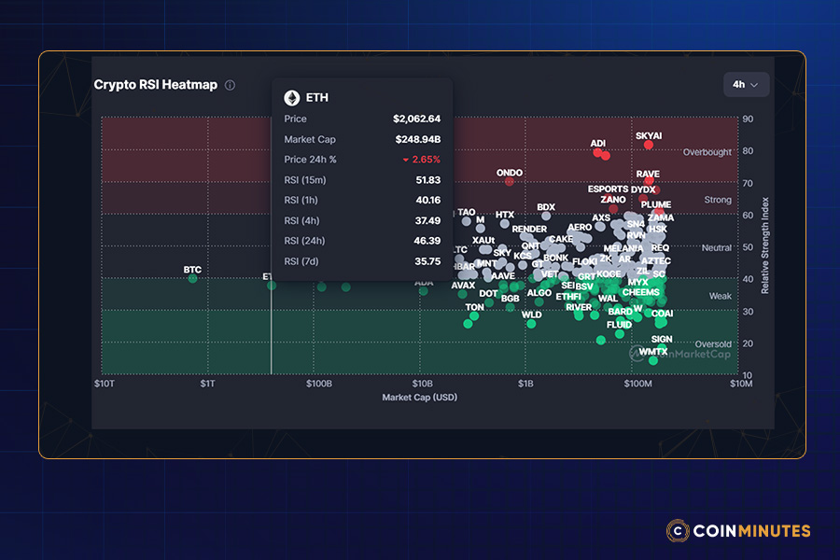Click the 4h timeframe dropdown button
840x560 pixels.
(x=746, y=84)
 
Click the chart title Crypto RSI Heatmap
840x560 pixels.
(x=155, y=85)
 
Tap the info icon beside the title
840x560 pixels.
(x=230, y=85)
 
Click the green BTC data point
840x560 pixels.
(x=192, y=278)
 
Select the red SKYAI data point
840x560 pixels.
(x=649, y=145)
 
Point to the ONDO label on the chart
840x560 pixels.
(x=510, y=173)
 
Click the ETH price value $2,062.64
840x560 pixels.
(x=416, y=119)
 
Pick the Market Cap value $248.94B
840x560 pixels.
(x=417, y=140)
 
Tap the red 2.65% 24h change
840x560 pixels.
(x=421, y=160)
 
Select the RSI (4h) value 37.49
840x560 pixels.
(x=427, y=220)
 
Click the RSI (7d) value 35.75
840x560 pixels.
(x=427, y=261)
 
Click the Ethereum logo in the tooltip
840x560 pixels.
(x=292, y=97)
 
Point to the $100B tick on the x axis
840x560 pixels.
(x=319, y=384)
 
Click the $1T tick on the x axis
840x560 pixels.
(x=207, y=384)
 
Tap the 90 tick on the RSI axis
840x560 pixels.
(x=748, y=119)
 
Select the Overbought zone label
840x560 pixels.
(x=707, y=152)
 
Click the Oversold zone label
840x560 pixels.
(x=713, y=344)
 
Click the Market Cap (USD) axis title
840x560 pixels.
(x=419, y=398)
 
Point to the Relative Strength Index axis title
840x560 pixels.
(x=764, y=245)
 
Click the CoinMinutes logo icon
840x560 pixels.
(x=678, y=531)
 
